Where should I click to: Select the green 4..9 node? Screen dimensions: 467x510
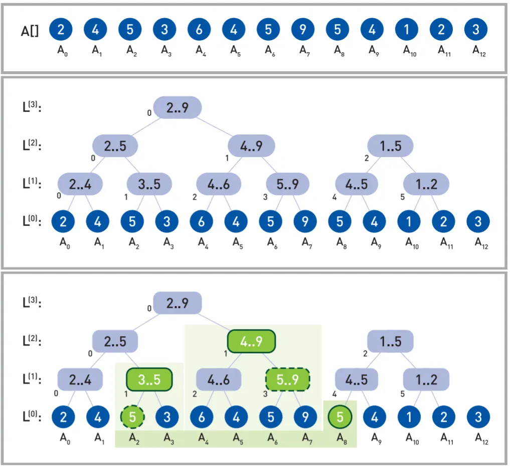pos(251,341)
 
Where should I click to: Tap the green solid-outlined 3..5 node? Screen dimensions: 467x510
pos(149,379)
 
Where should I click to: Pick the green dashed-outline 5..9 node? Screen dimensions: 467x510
pos(287,379)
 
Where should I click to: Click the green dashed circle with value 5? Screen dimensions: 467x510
pos(132,416)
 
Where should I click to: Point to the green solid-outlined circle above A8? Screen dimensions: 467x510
pos(339,416)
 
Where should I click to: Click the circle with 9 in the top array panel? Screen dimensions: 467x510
pos(302,30)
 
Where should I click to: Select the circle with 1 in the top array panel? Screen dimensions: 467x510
pos(406,30)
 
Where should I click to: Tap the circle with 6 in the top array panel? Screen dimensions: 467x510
pos(199,30)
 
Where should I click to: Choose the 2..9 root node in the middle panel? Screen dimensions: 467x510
pos(177,107)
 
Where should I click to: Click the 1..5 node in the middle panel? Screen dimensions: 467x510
pos(390,146)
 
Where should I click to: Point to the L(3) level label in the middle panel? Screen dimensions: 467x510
pos(32,107)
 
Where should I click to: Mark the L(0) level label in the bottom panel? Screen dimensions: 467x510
pos(32,416)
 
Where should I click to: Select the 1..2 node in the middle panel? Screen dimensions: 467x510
pos(426,184)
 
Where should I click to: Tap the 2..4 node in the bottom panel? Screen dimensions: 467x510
pos(80,379)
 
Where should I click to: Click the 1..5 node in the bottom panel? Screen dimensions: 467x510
pos(390,342)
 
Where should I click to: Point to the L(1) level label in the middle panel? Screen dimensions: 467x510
pos(32,183)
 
